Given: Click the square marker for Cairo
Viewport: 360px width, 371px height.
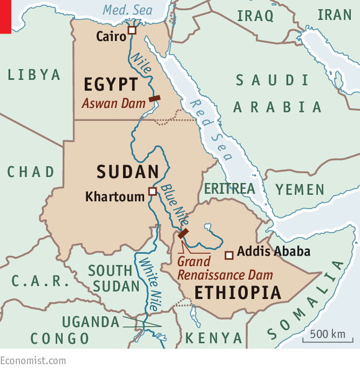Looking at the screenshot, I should click(132, 30).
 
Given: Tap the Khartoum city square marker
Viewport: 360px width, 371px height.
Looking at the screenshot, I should click(152, 191).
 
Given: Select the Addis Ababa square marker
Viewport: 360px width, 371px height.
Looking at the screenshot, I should click(229, 254).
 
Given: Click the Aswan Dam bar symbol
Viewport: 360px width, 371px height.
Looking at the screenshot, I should click(155, 98).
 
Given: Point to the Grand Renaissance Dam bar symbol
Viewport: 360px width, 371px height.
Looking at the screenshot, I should click(183, 233).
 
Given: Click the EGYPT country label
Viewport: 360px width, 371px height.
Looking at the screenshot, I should click(111, 84).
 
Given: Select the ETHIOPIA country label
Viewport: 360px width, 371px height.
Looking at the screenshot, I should click(238, 292).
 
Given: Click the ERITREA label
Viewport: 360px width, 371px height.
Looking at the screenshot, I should click(230, 188).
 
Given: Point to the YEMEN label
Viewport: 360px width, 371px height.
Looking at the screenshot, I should click(300, 189).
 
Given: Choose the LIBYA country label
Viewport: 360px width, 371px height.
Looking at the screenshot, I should click(34, 75).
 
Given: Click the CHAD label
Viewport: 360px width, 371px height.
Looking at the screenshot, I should click(31, 172).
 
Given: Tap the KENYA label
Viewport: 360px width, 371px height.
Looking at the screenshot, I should click(214, 338).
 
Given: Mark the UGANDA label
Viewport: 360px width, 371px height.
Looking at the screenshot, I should click(90, 322).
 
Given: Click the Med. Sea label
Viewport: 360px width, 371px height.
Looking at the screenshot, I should click(128, 10).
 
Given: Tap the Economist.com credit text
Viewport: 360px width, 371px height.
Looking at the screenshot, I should click(33, 361).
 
